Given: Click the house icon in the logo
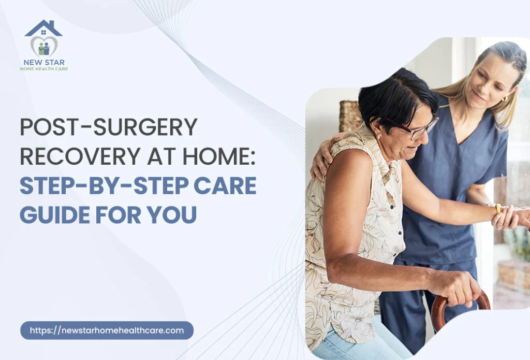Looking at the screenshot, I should [43, 28].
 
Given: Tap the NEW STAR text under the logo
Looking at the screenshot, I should [44, 62].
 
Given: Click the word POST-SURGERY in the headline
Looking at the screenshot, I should [109, 127].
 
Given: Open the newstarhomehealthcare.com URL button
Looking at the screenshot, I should [107, 330].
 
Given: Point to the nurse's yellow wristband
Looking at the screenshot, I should [498, 208].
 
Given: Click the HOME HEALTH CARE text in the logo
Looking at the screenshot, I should [44, 69].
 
